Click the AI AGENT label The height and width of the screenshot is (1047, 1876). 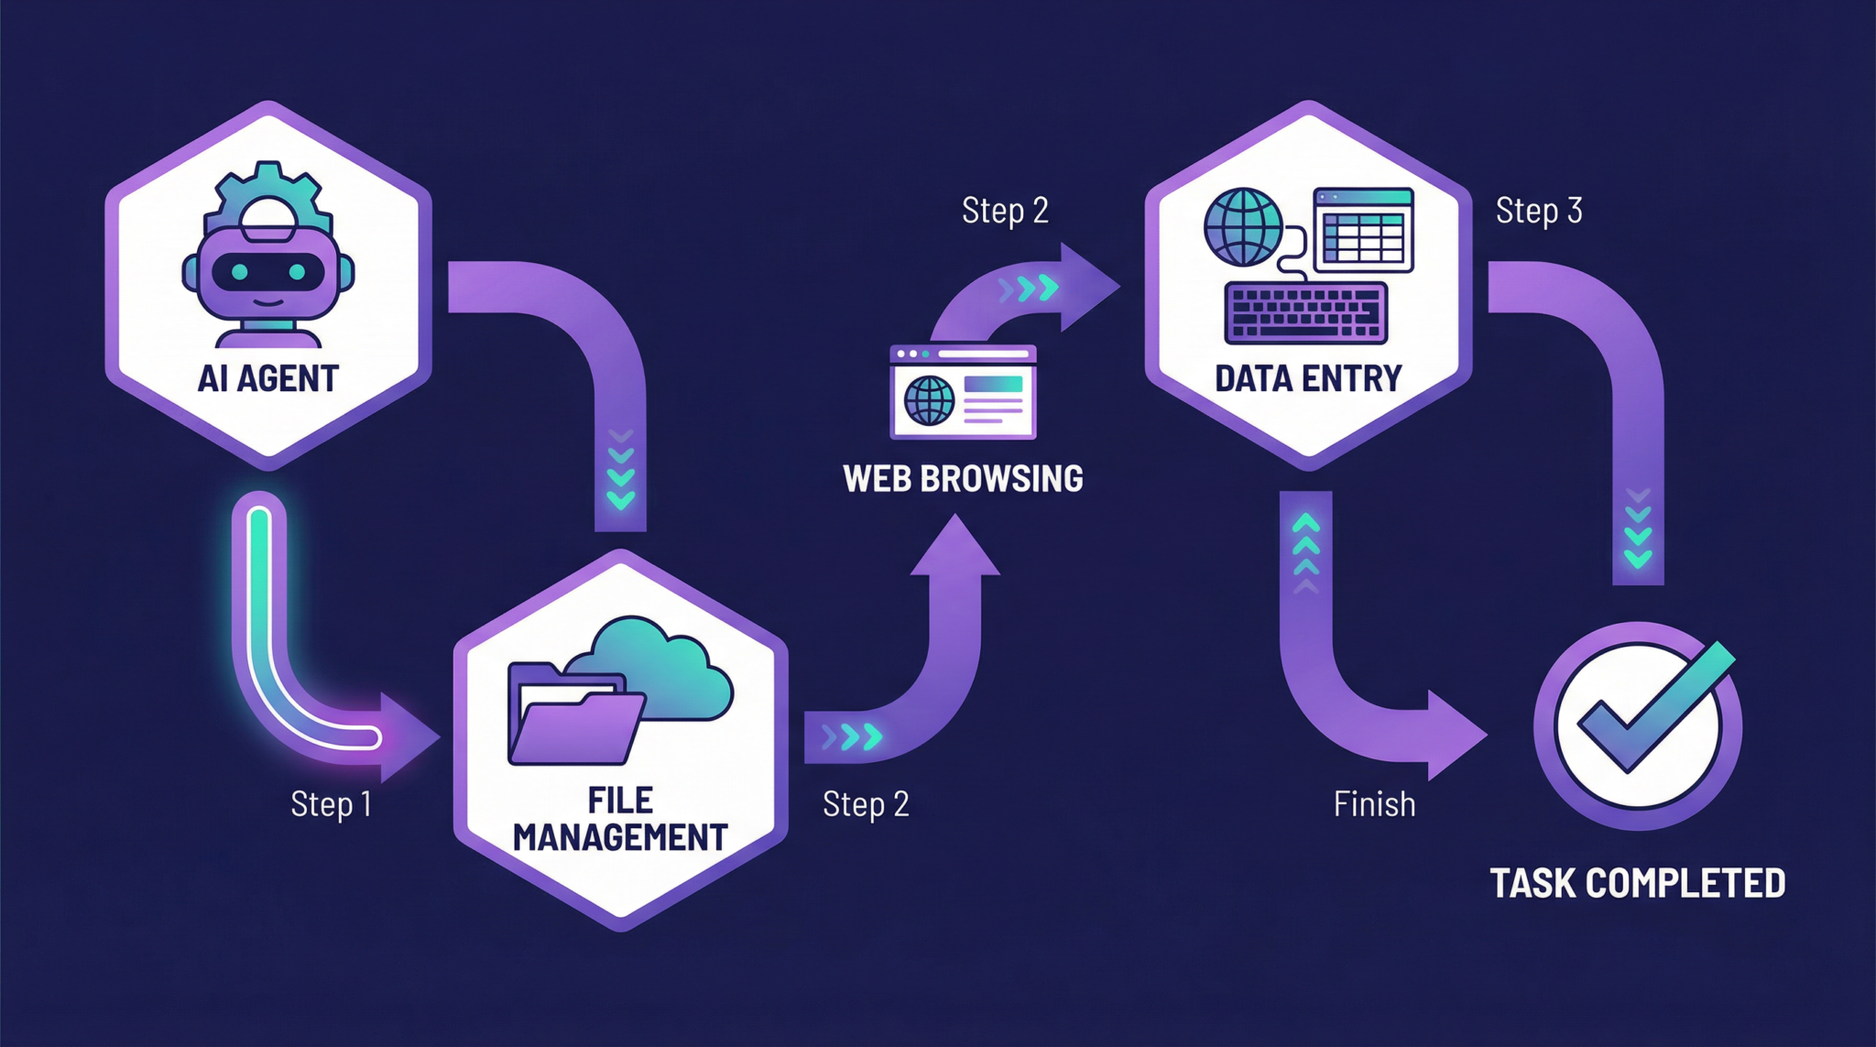coord(267,378)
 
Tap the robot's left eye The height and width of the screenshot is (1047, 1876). coord(239,272)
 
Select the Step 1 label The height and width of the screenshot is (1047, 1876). coord(331,804)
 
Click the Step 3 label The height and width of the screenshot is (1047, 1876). coord(1539,211)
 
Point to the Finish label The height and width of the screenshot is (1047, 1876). coord(1374,804)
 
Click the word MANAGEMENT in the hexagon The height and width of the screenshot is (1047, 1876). coord(620,838)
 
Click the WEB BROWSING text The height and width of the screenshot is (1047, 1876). coord(963,479)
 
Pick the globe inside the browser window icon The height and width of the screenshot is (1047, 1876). coord(929,400)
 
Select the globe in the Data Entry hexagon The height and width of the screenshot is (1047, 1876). coord(1243,226)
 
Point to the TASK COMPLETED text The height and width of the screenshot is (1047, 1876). coord(1637,884)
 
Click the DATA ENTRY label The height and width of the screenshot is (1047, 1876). coord(1308,378)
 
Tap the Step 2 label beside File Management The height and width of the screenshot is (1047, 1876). coord(866,804)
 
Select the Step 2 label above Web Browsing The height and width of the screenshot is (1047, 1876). coord(1004,211)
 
